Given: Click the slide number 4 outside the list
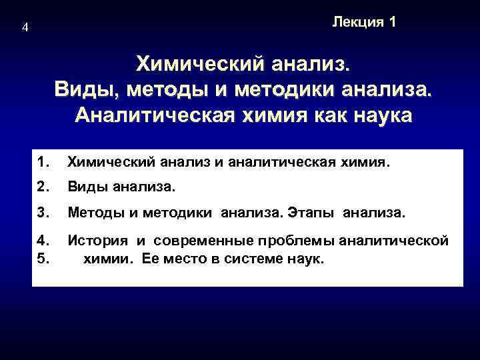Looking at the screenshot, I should point(25,28).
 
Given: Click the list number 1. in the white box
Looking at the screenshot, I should point(44,162).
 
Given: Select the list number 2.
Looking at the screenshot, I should point(44,188).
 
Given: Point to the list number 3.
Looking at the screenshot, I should point(44,214).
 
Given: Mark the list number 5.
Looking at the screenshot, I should point(44,259).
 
